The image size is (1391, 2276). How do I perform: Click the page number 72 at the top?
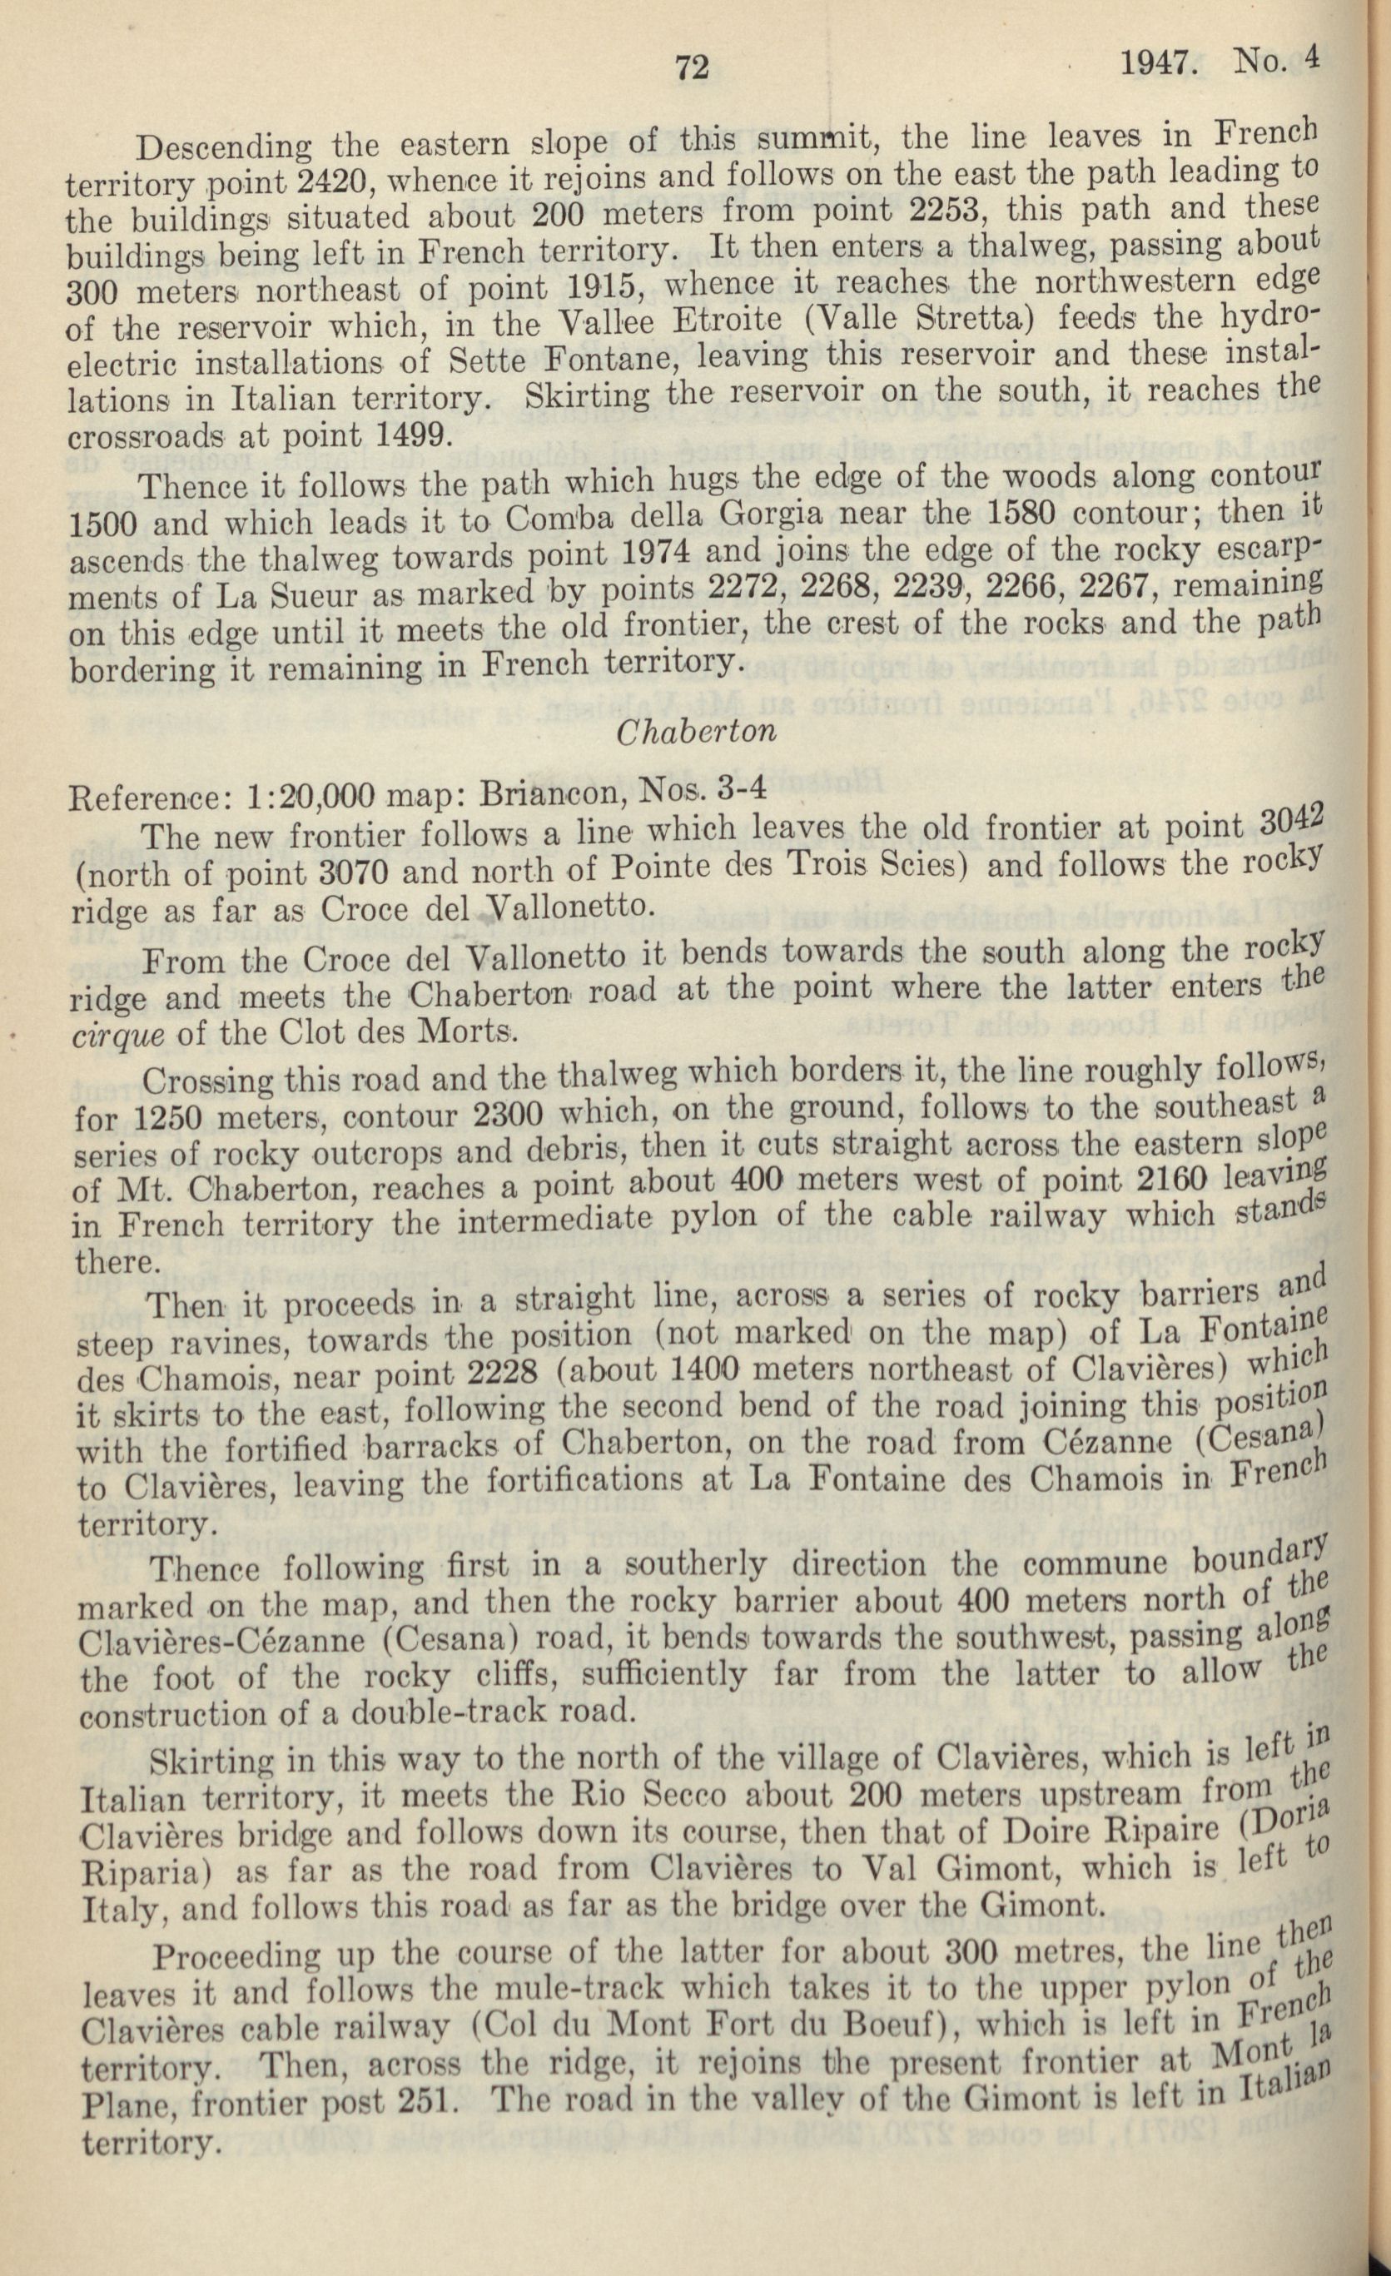[691, 67]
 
